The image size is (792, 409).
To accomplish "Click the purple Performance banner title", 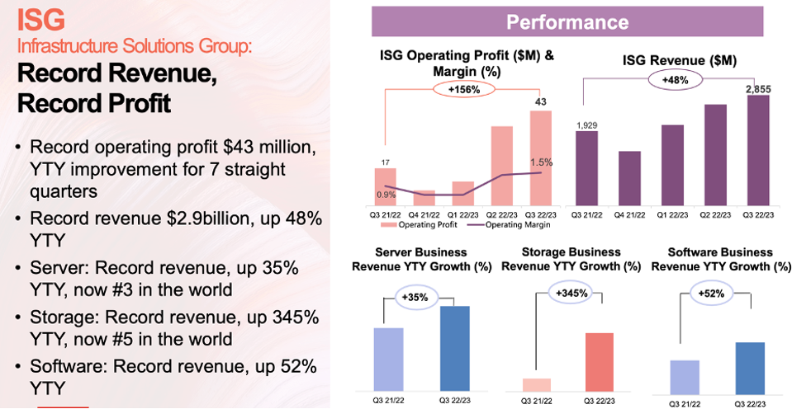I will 567,21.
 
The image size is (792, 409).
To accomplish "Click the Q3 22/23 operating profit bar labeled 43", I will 540,157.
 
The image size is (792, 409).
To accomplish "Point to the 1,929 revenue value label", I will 588,124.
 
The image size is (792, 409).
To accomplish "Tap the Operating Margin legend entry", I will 504,224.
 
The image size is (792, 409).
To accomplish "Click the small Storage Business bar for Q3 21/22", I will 537,384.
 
